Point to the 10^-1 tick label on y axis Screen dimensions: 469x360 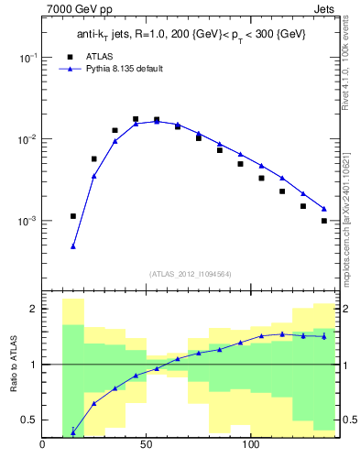pyautogui.click(x=27, y=57)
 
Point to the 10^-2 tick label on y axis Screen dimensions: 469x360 pyautogui.click(x=27, y=139)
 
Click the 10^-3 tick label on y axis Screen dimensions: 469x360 pyautogui.click(x=27, y=222)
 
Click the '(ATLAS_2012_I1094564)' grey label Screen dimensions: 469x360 pyautogui.click(x=191, y=274)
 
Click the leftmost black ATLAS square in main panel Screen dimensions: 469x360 pyautogui.click(x=73, y=216)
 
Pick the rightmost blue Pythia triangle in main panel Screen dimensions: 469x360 pyautogui.click(x=324, y=209)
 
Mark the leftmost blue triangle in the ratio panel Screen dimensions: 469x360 pyautogui.click(x=73, y=431)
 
